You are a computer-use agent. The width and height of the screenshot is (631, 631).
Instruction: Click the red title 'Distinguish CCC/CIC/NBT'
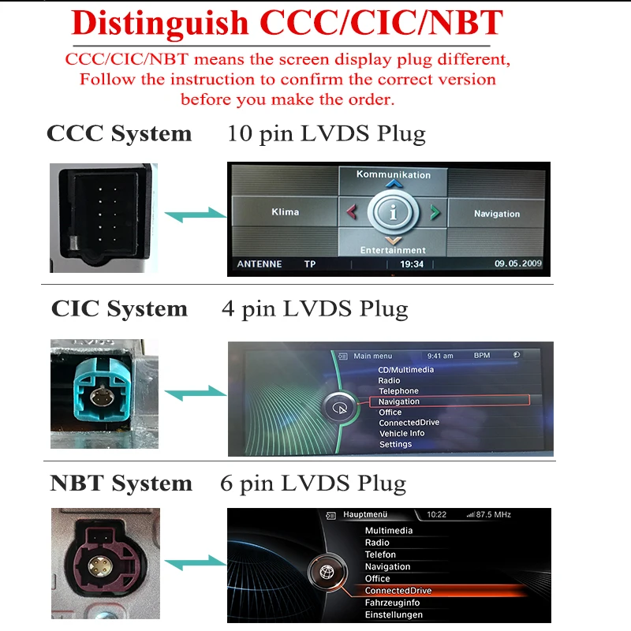pos(287,24)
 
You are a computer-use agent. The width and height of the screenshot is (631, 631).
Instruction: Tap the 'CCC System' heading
pos(119,133)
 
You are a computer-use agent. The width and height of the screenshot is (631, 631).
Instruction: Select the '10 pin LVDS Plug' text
pos(326,133)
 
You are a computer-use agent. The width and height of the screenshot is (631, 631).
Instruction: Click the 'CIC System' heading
pos(119,308)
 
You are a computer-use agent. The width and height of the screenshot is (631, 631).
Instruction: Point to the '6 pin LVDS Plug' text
pos(313,484)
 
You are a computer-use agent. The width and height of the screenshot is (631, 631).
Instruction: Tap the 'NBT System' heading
pos(121,484)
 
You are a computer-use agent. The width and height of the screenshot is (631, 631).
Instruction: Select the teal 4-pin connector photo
pos(104,394)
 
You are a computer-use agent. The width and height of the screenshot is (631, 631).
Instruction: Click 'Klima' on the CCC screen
pos(285,212)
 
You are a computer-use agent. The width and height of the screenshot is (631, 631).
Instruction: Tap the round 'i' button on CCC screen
pos(393,212)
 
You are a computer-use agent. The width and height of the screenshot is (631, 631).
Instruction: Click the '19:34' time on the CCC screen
pos(412,264)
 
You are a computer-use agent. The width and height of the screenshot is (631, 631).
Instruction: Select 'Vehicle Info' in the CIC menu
pos(401,433)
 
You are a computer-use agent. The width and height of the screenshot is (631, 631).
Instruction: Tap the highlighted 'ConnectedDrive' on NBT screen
pos(398,591)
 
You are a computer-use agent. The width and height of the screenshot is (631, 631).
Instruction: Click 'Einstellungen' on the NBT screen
pos(394,614)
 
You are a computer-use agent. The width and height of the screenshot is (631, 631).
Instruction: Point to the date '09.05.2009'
pos(518,263)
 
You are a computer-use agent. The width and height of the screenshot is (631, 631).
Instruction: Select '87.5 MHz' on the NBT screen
pos(495,515)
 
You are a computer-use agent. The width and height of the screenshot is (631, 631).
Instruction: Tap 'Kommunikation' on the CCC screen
pos(393,174)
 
